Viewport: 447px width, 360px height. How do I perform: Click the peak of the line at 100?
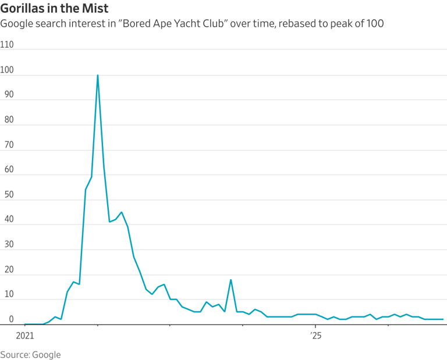click(x=98, y=75)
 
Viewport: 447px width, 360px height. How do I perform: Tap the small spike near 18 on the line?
click(x=230, y=280)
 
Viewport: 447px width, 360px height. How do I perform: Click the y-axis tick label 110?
click(x=7, y=44)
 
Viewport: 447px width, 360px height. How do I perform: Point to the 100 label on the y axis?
click(x=7, y=70)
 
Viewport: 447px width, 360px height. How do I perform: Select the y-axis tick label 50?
click(x=9, y=194)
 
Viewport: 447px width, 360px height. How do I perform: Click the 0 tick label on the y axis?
click(x=12, y=319)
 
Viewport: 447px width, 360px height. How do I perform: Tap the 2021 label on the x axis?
click(x=25, y=336)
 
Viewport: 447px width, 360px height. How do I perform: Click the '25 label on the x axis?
click(x=316, y=336)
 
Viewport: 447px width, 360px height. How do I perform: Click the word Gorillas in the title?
click(x=22, y=8)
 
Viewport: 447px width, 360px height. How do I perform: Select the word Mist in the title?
click(x=95, y=8)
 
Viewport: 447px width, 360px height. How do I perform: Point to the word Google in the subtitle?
click(x=16, y=24)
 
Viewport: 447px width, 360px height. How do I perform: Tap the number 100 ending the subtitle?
click(x=375, y=23)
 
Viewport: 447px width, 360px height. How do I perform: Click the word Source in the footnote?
click(x=15, y=355)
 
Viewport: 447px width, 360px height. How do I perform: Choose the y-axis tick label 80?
click(x=9, y=120)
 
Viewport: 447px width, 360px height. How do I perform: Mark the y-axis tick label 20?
click(x=9, y=269)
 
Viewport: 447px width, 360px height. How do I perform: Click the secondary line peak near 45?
click(x=122, y=212)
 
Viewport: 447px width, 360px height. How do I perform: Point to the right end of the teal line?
click(x=443, y=319)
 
